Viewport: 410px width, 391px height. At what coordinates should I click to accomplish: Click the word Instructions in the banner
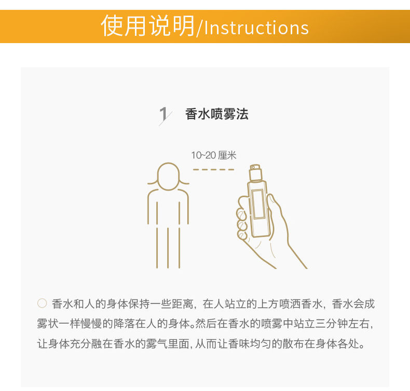(x=256, y=28)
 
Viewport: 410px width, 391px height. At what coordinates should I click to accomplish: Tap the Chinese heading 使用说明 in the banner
(x=147, y=25)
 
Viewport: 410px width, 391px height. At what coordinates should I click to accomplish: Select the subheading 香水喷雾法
(x=217, y=114)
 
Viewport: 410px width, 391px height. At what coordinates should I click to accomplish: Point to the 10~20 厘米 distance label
(x=214, y=155)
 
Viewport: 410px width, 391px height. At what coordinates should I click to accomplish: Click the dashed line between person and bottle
(x=214, y=169)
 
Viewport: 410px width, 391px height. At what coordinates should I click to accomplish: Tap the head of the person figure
(x=168, y=176)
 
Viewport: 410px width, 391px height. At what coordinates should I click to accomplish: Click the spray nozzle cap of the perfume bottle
(x=255, y=172)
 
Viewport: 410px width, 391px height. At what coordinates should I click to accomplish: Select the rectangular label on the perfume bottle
(x=258, y=204)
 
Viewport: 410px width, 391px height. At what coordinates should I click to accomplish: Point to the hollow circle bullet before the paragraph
(x=42, y=303)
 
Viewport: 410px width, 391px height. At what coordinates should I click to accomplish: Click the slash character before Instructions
(x=199, y=28)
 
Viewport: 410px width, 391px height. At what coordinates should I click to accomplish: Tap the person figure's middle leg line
(x=168, y=248)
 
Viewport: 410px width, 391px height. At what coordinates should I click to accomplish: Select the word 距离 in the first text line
(x=183, y=304)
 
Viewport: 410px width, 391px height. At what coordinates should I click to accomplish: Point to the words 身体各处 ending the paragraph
(x=337, y=344)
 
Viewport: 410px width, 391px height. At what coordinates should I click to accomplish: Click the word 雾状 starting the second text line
(x=48, y=324)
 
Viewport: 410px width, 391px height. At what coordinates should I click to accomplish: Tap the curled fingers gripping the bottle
(x=242, y=219)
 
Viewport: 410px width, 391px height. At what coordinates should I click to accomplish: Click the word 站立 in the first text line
(x=235, y=304)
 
